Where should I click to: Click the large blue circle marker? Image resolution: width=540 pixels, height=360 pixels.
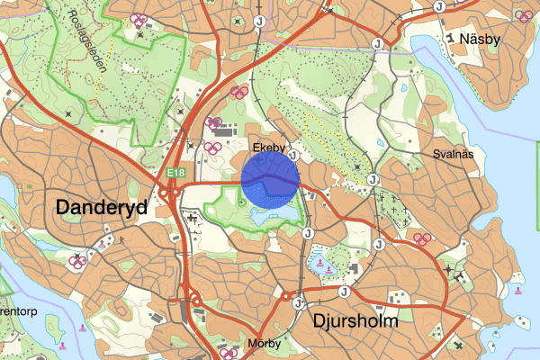pos(270,180)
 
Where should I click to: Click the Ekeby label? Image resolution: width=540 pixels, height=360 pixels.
pos(269,146)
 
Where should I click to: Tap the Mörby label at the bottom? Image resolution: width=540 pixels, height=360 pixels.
pos(263,344)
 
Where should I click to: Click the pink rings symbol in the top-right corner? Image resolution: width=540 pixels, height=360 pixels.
pos(523,15)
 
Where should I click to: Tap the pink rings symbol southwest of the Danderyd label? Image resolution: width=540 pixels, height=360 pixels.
pos(78,261)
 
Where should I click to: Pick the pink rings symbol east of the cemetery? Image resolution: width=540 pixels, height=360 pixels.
pos(422,238)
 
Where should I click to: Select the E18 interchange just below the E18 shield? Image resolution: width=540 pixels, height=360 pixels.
pos(167,191)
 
